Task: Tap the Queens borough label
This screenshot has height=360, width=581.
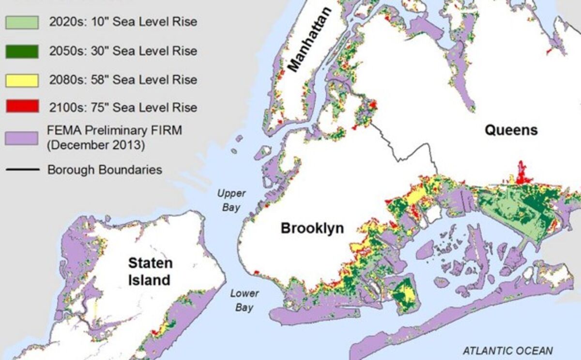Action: pos(511,130)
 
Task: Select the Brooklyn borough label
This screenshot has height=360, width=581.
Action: pos(312,228)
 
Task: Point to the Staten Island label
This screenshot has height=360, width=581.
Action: pos(150,271)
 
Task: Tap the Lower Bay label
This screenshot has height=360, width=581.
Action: pos(244,300)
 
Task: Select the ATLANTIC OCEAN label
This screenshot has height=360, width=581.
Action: pos(507,350)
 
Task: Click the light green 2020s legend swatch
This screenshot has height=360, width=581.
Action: pos(22,22)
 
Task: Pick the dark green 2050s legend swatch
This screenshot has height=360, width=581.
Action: pos(22,51)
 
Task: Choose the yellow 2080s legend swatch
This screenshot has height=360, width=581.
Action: pos(22,79)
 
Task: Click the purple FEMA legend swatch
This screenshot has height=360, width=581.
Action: pos(22,138)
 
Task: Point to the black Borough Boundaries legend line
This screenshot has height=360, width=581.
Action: pos(22,170)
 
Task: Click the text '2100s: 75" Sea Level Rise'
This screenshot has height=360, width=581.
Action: pos(123,107)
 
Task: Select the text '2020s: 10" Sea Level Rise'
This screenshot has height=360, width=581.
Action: pos(123,22)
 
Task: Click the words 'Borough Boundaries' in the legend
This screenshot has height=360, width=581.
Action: pos(105,170)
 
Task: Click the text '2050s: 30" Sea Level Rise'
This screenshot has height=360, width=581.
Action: pos(123,51)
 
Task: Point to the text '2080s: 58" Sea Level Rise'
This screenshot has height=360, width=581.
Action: pos(123,79)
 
